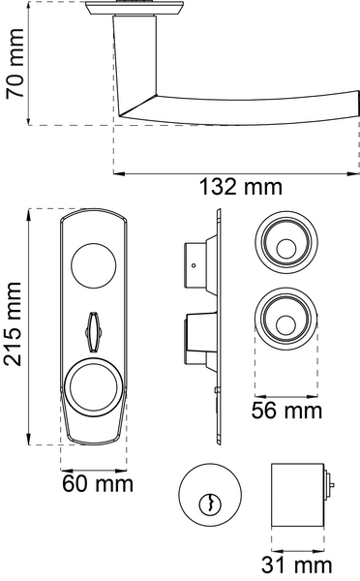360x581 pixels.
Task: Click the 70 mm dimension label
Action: [x=15, y=63]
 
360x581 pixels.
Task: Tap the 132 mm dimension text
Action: [x=240, y=187]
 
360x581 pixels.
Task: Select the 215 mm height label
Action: [x=13, y=323]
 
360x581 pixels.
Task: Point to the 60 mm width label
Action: [x=98, y=484]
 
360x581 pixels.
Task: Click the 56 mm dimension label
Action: [x=286, y=411]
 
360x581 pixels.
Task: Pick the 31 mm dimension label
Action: [x=296, y=566]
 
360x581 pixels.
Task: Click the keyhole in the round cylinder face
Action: [x=210, y=504]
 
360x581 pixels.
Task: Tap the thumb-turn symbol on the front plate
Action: [x=92, y=331]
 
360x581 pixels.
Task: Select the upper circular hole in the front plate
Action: [x=93, y=265]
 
